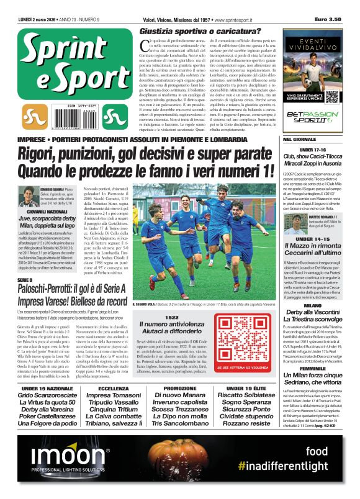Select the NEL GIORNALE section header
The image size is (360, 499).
pos(302,140)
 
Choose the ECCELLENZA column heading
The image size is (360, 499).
pos(109,389)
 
